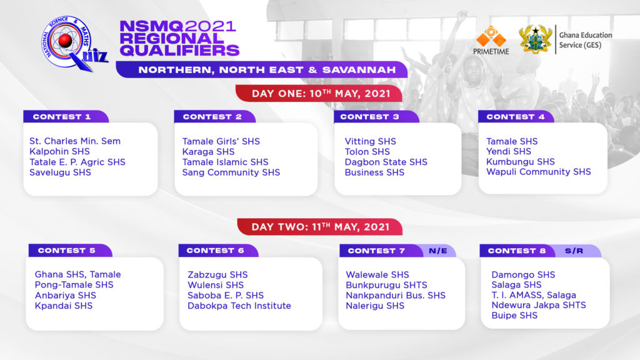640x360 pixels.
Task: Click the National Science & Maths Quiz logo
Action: pyautogui.click(x=74, y=43)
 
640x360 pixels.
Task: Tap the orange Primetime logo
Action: pyautogui.click(x=491, y=40)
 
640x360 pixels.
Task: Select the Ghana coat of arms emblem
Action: pyautogui.click(x=535, y=39)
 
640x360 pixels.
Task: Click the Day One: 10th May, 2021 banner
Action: pyautogui.click(x=319, y=94)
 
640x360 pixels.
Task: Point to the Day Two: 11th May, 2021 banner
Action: pyautogui.click(x=319, y=227)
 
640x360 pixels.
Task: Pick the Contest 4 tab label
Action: pyautogui.click(x=516, y=117)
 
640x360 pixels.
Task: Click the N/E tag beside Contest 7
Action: pyautogui.click(x=438, y=251)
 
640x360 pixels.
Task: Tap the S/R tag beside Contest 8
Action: pyautogui.click(x=574, y=251)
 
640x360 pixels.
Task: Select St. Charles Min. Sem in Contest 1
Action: pyautogui.click(x=75, y=141)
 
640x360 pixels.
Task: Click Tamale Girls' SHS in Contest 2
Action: pyautogui.click(x=221, y=141)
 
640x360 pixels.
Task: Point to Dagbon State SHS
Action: pyautogui.click(x=386, y=162)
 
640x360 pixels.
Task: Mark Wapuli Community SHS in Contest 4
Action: pyautogui.click(x=538, y=172)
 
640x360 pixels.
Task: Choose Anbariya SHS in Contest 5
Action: pyautogui.click(x=65, y=296)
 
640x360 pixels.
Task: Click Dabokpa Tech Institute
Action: pyautogui.click(x=239, y=306)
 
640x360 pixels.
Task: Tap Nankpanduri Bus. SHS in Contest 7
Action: pyautogui.click(x=396, y=296)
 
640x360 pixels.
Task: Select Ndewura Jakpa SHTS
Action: pyautogui.click(x=539, y=305)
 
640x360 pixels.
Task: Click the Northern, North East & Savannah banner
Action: pyautogui.click(x=262, y=70)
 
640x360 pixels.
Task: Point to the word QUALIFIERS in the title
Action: pyautogui.click(x=179, y=50)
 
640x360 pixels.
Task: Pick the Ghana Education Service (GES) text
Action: pyautogui.click(x=586, y=40)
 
